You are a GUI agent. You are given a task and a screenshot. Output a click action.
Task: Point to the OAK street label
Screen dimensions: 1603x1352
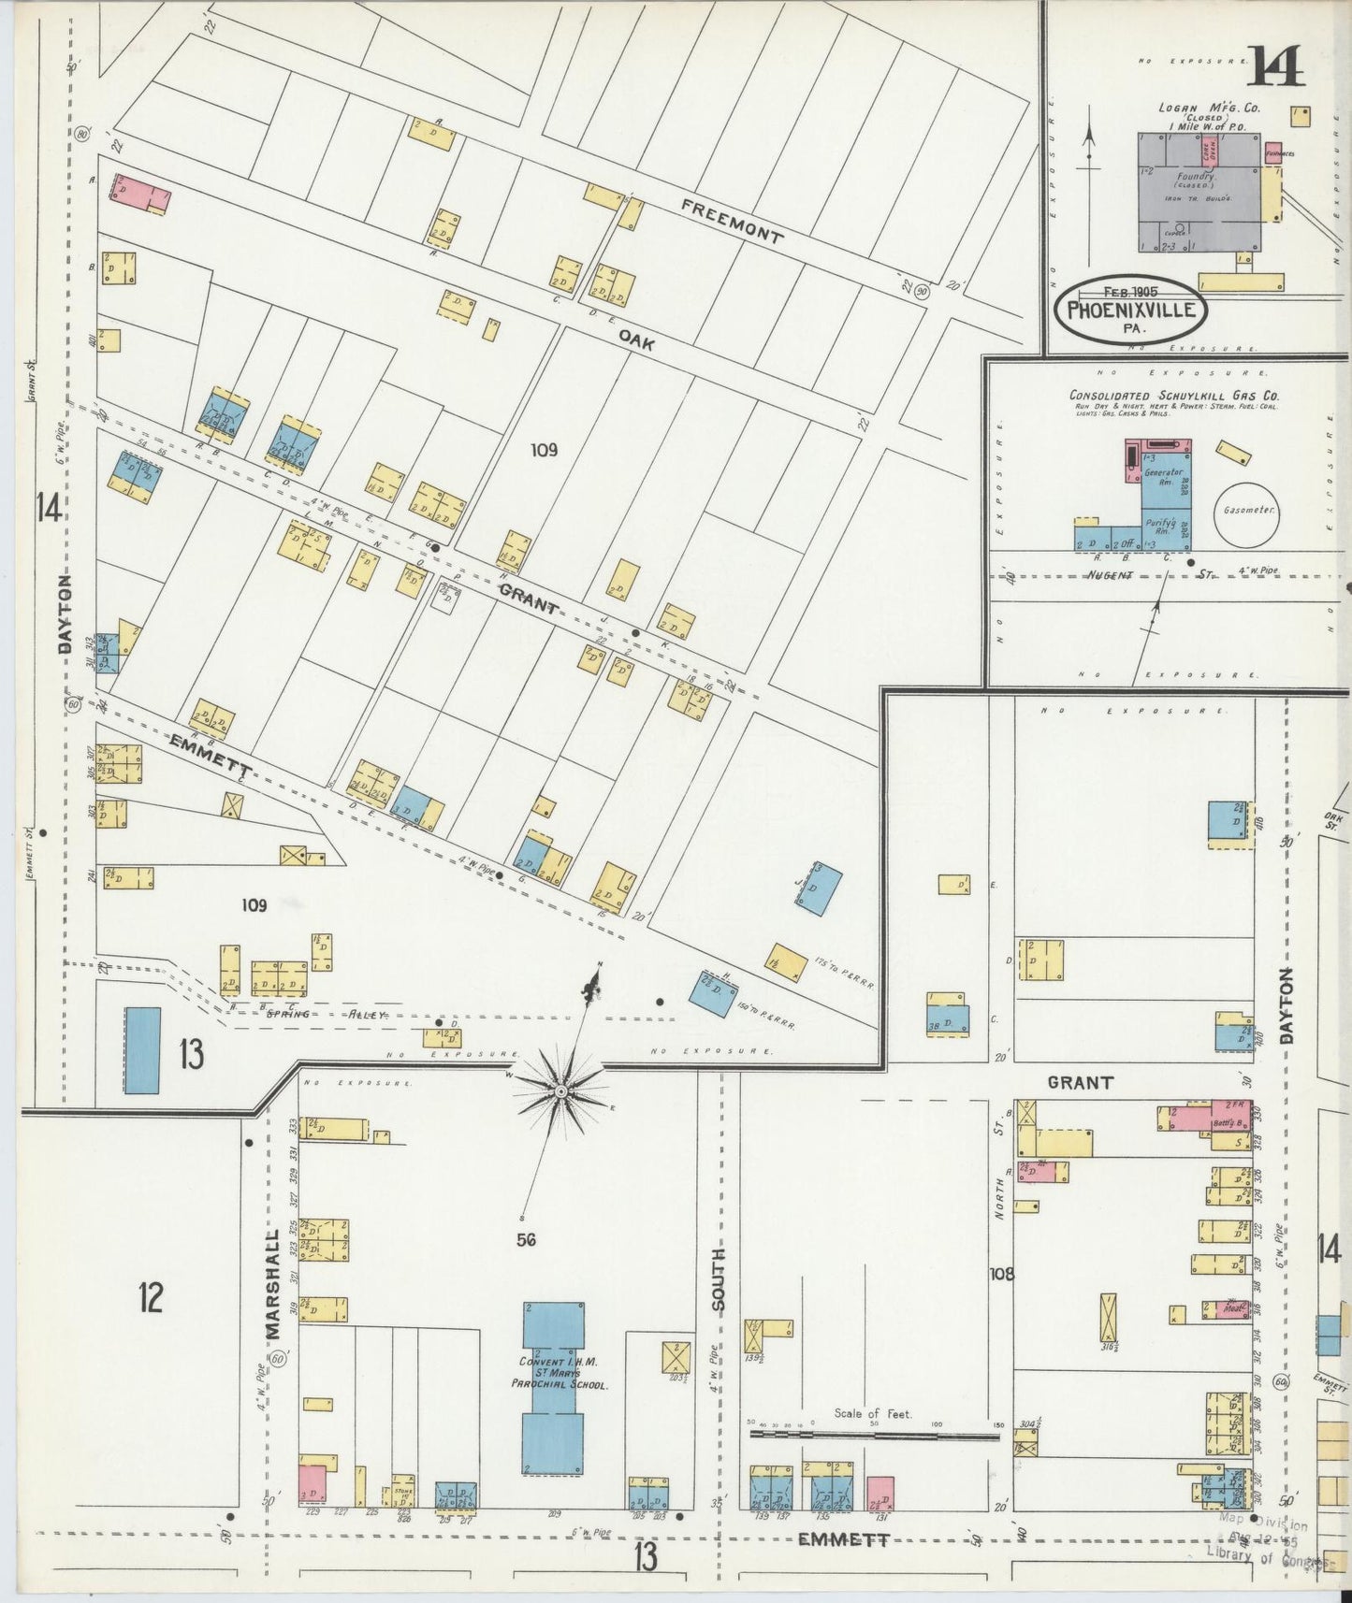click(x=635, y=344)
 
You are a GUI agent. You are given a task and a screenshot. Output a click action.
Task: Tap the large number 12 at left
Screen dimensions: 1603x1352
click(x=151, y=1298)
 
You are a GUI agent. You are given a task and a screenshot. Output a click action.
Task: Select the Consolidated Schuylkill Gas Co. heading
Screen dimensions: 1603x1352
click(x=1174, y=396)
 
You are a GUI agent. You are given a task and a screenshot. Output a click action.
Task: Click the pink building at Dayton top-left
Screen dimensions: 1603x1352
click(x=141, y=192)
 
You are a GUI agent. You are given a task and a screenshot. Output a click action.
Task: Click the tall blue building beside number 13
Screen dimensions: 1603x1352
click(x=142, y=1050)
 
